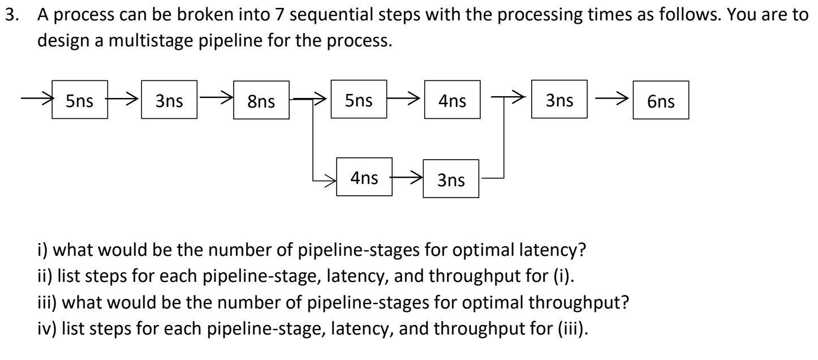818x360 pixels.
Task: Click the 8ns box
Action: click(x=261, y=102)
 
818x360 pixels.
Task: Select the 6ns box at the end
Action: click(x=661, y=102)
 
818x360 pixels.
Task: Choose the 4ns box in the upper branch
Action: click(x=452, y=101)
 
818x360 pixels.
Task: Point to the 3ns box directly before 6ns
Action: click(x=558, y=101)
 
